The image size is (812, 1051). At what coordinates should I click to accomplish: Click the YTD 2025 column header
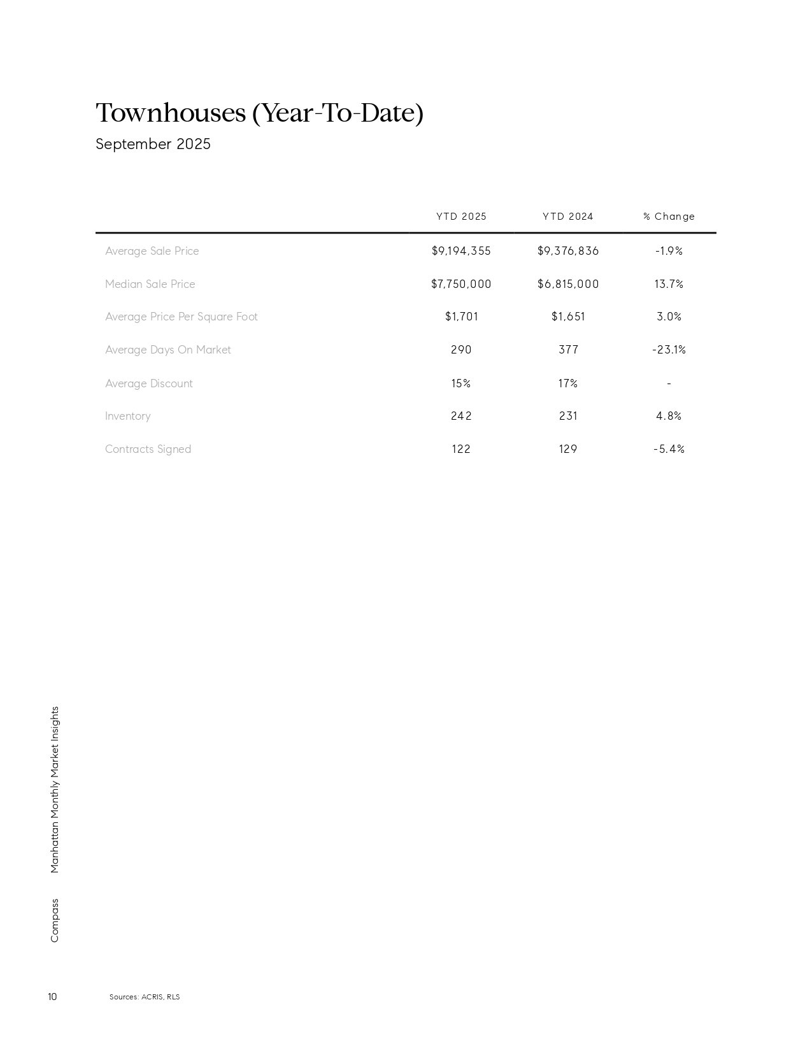point(461,217)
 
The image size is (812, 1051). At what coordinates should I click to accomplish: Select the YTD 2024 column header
point(567,217)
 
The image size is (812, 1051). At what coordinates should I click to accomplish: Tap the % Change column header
point(669,217)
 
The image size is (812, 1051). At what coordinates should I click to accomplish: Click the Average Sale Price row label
point(152,251)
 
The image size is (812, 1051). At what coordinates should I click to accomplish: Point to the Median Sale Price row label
point(150,284)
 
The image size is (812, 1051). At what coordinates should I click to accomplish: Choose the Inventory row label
point(128,416)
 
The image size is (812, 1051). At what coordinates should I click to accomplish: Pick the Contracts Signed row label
point(148,449)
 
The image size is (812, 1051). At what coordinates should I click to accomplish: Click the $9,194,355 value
point(461,251)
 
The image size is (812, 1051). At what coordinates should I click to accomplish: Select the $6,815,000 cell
point(568,284)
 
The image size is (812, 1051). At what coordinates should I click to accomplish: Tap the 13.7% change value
point(669,284)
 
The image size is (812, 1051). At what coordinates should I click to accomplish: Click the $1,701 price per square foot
point(461,317)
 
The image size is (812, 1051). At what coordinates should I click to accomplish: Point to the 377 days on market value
point(568,350)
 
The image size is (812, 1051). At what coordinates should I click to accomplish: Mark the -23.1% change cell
point(669,350)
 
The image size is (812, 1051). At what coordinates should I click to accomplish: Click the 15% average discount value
point(461,383)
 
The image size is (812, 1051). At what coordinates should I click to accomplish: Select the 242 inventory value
point(461,416)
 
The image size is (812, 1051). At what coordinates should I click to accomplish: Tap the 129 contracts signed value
point(568,449)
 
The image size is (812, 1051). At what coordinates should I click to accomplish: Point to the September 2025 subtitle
point(153,144)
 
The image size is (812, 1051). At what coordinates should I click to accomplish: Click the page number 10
point(52,997)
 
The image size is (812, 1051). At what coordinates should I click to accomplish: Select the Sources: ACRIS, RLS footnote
point(145,997)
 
